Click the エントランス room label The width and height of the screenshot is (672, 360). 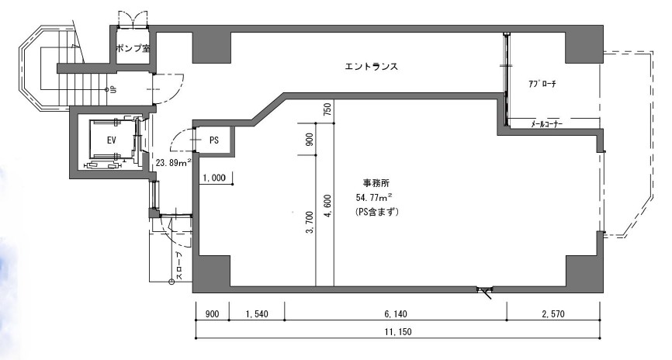point(371,67)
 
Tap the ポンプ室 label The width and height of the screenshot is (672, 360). point(133,48)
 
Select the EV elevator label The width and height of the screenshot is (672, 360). point(112,140)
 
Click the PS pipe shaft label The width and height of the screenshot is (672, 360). point(214,140)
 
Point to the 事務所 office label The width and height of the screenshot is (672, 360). point(376,183)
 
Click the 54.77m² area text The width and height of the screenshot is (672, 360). point(374,197)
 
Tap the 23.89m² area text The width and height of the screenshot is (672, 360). point(173,163)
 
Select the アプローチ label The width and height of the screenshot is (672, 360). point(542,84)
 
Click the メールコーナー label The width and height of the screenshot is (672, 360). point(546,124)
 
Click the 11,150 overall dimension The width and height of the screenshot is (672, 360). point(398,332)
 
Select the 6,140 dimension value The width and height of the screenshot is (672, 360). point(395,314)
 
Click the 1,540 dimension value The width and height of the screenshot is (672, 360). point(257,314)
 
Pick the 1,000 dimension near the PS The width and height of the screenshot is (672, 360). point(214,178)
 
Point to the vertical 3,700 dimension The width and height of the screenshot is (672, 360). point(310,223)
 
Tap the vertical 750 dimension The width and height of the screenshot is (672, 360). point(329,110)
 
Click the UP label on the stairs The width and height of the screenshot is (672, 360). point(113,89)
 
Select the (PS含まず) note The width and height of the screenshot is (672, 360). point(376,212)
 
